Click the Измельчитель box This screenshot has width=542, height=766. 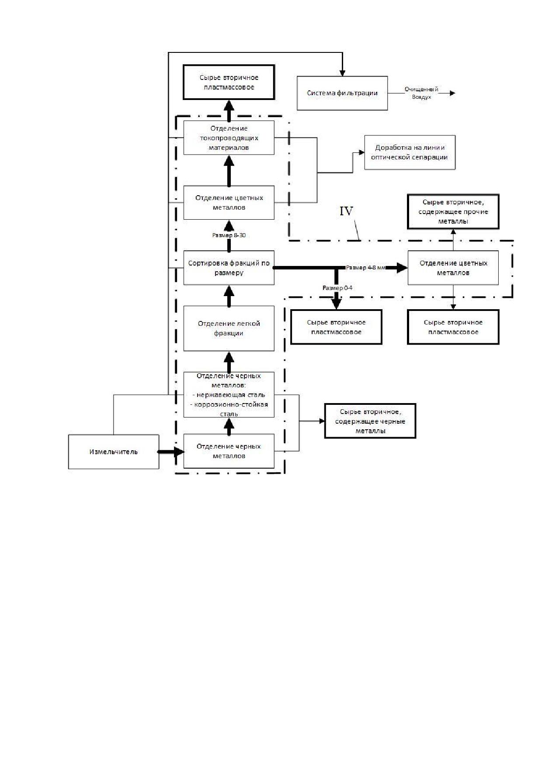(x=114, y=452)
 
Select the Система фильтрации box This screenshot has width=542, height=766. (x=342, y=93)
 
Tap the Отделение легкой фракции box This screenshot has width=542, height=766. (x=229, y=328)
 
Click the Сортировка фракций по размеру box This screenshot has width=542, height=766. (x=229, y=268)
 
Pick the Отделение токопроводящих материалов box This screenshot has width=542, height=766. (x=229, y=138)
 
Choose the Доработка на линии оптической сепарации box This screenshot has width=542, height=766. (x=410, y=152)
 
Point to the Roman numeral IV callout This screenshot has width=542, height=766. (x=346, y=211)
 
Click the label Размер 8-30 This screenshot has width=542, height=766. (x=229, y=235)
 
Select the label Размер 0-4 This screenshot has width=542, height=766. (x=337, y=288)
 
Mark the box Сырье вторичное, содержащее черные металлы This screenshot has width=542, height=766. (x=370, y=421)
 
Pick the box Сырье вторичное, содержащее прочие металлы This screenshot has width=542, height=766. (x=453, y=212)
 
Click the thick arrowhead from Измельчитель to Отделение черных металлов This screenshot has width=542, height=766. (x=180, y=452)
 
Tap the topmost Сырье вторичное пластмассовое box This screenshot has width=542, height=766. (x=229, y=82)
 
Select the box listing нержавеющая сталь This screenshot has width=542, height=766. (x=229, y=395)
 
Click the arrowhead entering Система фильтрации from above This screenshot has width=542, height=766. (x=343, y=72)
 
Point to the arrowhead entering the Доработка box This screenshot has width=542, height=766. (x=361, y=152)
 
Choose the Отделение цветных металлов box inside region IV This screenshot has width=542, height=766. (x=453, y=268)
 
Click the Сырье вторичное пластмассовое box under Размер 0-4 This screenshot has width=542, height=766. (x=337, y=327)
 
